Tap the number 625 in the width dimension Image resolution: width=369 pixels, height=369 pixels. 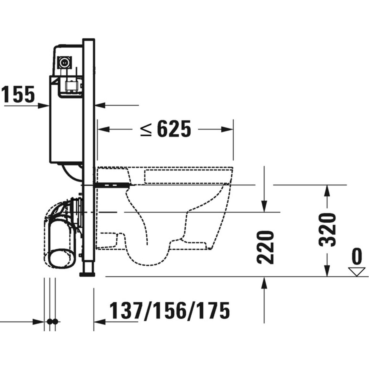(174, 129)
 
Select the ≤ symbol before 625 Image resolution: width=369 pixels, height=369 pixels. (146, 129)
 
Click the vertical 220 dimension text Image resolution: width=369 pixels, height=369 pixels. (265, 248)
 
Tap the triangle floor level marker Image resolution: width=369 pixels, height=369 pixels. (356, 272)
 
